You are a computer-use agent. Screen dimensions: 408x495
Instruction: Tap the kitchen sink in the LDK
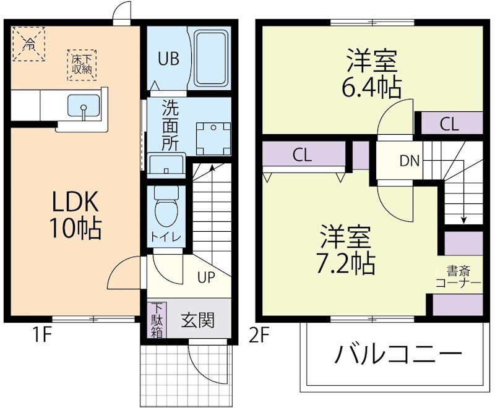tap(84, 106)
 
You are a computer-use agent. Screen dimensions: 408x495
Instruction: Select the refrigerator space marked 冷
tap(29, 43)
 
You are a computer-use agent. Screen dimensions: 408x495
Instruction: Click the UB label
tap(168, 59)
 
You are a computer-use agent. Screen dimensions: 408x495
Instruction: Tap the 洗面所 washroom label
tap(170, 125)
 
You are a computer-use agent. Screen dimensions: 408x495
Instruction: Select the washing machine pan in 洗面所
tap(212, 137)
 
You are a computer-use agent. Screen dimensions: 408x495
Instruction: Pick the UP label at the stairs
tap(206, 277)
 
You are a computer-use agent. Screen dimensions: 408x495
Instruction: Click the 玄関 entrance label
tap(198, 320)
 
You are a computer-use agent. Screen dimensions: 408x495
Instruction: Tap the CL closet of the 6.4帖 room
tap(450, 124)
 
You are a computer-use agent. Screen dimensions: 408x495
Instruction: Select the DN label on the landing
tap(409, 162)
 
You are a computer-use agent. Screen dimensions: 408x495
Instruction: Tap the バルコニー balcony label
tap(399, 356)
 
